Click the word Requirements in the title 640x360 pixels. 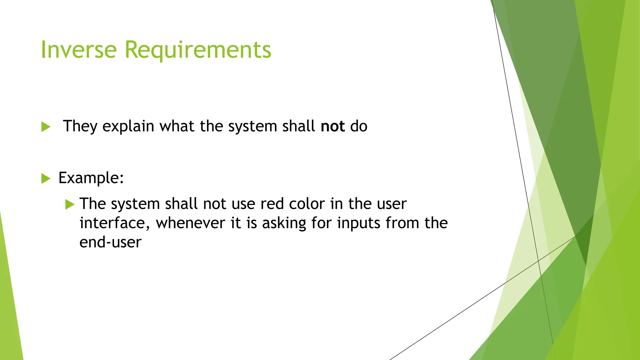[198, 50]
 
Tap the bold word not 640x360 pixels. [332, 126]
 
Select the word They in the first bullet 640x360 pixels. [80, 127]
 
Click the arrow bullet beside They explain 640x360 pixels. [46, 127]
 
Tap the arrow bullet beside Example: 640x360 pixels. [46, 178]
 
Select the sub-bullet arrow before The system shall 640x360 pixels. [70, 204]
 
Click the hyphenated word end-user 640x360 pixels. [110, 242]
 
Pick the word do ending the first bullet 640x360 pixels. [358, 126]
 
